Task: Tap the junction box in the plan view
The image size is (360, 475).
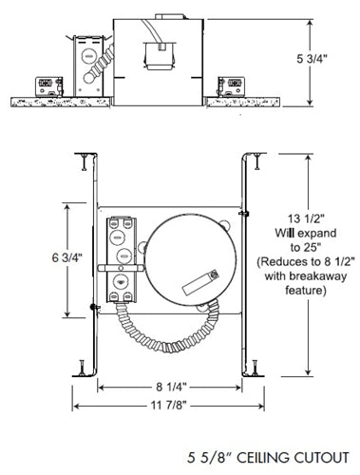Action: [120, 261]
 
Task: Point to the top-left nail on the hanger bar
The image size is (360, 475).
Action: [83, 155]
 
